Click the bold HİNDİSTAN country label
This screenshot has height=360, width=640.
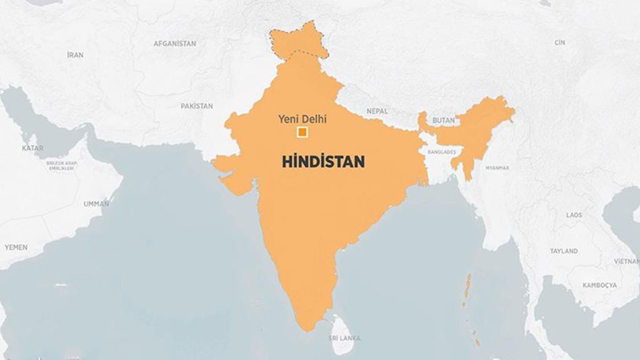pyautogui.click(x=323, y=161)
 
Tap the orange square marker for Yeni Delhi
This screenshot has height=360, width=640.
pyautogui.click(x=302, y=132)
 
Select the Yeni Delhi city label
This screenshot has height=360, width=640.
pyautogui.click(x=302, y=119)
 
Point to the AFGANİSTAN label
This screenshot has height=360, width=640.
pyautogui.click(x=175, y=44)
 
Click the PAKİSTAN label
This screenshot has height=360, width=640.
pyautogui.click(x=197, y=106)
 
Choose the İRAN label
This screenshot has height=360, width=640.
pyautogui.click(x=75, y=55)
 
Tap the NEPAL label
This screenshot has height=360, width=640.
pyautogui.click(x=377, y=111)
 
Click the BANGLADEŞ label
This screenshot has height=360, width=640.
pyautogui.click(x=442, y=152)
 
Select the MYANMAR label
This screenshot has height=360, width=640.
pyautogui.click(x=497, y=168)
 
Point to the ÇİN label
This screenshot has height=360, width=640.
pyautogui.click(x=559, y=42)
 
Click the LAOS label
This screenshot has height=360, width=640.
pyautogui.click(x=574, y=215)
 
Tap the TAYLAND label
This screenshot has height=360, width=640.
pyautogui.click(x=564, y=251)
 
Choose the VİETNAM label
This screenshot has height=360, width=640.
pyautogui.click(x=626, y=261)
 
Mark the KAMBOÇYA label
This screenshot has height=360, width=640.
pyautogui.click(x=599, y=285)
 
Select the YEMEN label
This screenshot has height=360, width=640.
pyautogui.click(x=16, y=247)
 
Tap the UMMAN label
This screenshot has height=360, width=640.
pyautogui.click(x=96, y=204)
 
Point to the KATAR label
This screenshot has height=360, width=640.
pyautogui.click(x=32, y=148)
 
